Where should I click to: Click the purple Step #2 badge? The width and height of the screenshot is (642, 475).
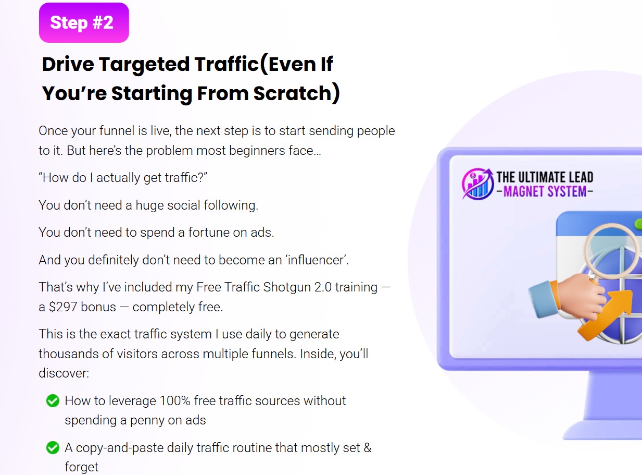pos(84,22)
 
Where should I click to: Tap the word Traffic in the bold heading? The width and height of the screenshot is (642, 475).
pos(226,64)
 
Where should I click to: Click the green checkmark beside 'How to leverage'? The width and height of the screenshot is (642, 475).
pos(53,401)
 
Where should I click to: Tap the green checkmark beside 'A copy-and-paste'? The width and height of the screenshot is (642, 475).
pos(53,447)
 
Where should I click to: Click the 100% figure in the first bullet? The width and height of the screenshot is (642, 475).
pos(175,401)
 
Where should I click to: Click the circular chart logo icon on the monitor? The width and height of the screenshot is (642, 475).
pos(478,184)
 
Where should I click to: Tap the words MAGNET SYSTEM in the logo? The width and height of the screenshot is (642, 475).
pos(545,192)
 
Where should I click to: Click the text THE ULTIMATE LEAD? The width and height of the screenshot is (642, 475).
pos(545,177)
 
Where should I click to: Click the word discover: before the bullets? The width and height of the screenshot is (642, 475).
pos(64,373)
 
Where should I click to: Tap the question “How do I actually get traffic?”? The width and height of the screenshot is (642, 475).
pos(123,178)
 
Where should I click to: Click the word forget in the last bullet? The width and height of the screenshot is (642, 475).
pos(81,467)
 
